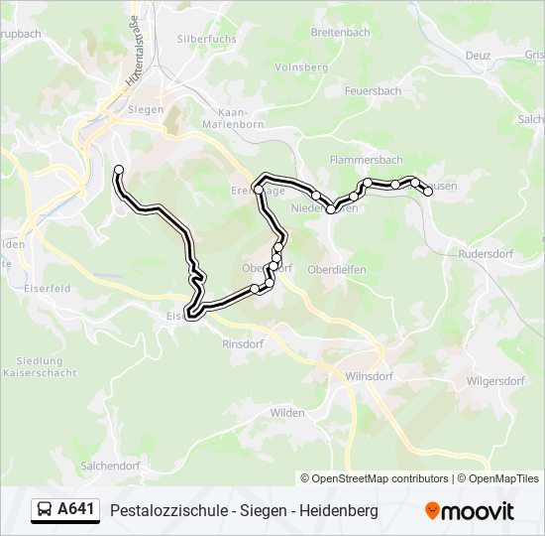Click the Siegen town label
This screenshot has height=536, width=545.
[146, 109]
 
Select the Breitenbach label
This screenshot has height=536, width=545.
[340, 33]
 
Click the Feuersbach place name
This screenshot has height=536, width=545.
[373, 90]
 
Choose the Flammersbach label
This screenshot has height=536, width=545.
[366, 159]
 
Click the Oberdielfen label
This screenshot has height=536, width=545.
[336, 268]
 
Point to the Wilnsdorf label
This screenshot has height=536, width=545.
[371, 377]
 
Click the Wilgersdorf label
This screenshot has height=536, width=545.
[495, 380]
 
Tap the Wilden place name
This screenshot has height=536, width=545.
[287, 412]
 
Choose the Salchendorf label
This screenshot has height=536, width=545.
[110, 465]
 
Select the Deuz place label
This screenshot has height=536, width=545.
[478, 56]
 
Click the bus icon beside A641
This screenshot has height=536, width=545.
[46, 510]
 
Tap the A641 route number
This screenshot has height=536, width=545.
[76, 510]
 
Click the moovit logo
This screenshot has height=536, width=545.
[470, 511]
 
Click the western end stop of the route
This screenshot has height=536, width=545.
[119, 170]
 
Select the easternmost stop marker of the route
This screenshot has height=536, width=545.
[428, 192]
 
